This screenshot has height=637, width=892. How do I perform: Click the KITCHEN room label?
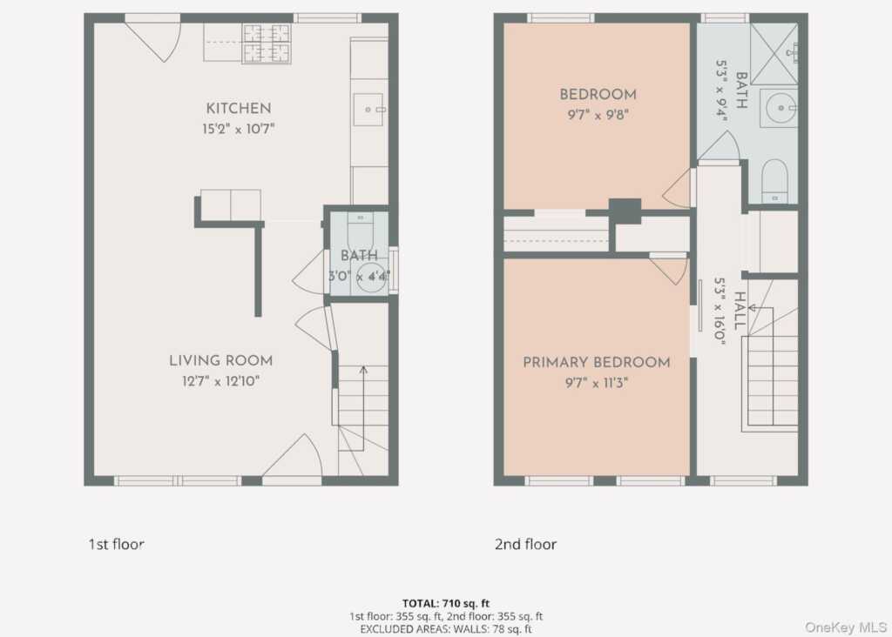(x=239, y=108)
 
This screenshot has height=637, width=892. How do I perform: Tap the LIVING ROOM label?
(x=220, y=360)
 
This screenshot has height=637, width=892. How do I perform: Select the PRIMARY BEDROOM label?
(x=596, y=362)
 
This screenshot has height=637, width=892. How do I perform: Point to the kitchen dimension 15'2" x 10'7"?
(x=239, y=129)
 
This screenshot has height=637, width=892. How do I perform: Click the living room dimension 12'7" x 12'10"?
(x=220, y=381)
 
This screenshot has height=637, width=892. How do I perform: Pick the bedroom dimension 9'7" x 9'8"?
(x=598, y=115)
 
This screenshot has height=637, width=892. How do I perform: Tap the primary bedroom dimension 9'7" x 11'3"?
(x=596, y=382)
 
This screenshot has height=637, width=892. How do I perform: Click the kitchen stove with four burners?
(x=267, y=44)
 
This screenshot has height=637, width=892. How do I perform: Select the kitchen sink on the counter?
(x=368, y=109)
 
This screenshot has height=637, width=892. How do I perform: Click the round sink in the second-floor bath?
(x=780, y=107)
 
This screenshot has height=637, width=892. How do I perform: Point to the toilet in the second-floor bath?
(x=774, y=181)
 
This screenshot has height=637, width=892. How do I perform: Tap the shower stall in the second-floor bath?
(x=774, y=54)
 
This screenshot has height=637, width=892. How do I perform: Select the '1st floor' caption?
(x=116, y=544)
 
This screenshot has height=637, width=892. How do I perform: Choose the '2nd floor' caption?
(x=525, y=544)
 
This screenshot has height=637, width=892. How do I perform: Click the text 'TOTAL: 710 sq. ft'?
(x=446, y=603)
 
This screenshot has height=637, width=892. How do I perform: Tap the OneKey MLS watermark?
(x=845, y=627)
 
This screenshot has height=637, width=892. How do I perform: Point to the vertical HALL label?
(x=739, y=311)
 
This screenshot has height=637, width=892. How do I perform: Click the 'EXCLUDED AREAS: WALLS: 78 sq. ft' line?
(x=446, y=629)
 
